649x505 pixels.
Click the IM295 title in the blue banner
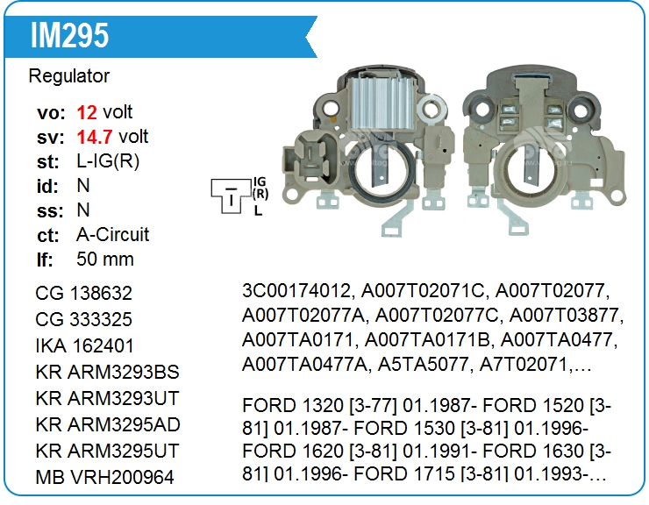(69, 36)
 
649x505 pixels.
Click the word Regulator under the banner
(69, 76)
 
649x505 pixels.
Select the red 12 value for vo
(87, 112)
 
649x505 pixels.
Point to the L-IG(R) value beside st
(108, 161)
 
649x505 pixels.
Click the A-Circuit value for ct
(112, 235)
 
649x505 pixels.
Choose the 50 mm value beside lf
(105, 260)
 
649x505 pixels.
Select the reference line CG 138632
(84, 293)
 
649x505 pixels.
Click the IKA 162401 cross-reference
(85, 345)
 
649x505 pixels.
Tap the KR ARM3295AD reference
(107, 424)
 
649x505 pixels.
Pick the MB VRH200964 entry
(104, 478)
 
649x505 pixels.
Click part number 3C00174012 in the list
(297, 290)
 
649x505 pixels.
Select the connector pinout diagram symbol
(231, 194)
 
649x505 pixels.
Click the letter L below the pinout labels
(258, 210)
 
